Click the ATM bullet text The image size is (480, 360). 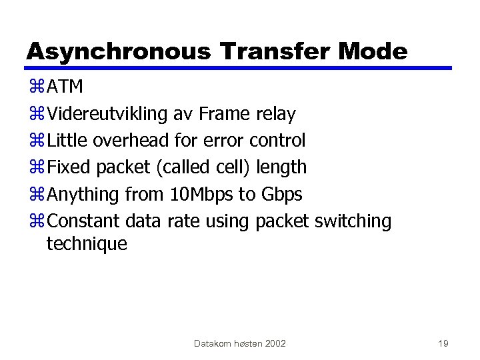(x=66, y=87)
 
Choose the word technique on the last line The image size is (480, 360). (x=86, y=244)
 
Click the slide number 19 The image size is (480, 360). (x=443, y=343)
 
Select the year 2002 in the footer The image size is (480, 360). (x=275, y=343)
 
